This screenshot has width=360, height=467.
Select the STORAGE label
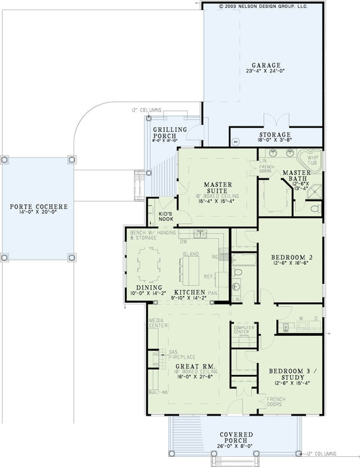pos(274,134)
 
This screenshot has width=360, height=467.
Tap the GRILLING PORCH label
pos(165,132)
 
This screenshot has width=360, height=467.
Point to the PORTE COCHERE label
pos(36,205)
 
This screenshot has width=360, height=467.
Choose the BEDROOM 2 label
pos(289,257)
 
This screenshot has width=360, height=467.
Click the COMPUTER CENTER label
pos(242,329)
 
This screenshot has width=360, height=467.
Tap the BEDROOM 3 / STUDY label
pos(288,374)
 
